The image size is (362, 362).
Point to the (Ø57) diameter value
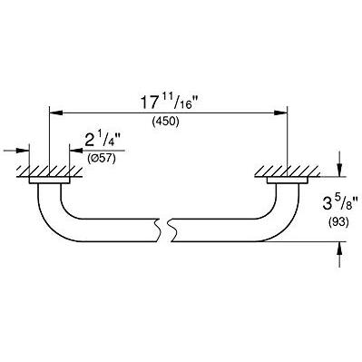[x=102, y=158]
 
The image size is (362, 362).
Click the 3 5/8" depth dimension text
[x=340, y=203]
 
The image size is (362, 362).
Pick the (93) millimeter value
[x=338, y=223]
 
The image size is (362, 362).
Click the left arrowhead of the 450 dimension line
[x=55, y=113]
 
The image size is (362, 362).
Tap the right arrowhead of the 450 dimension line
[x=280, y=113]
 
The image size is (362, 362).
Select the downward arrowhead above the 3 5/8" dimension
[x=339, y=170]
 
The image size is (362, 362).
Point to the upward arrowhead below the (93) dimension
[x=339, y=249]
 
